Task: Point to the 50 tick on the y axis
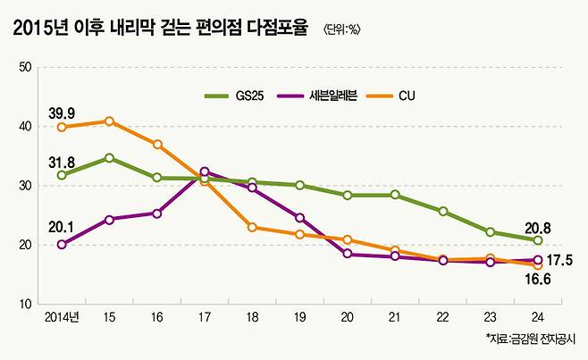25,67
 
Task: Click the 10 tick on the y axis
25,305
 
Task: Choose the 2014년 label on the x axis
61,317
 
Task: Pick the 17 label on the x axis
205,317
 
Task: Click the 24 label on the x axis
538,317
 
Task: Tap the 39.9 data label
60,111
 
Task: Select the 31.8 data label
60,161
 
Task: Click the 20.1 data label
60,227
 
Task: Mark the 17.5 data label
559,260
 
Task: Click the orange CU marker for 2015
109,121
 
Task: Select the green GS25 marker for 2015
109,158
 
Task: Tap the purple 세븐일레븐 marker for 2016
156,213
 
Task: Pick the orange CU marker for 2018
252,227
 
